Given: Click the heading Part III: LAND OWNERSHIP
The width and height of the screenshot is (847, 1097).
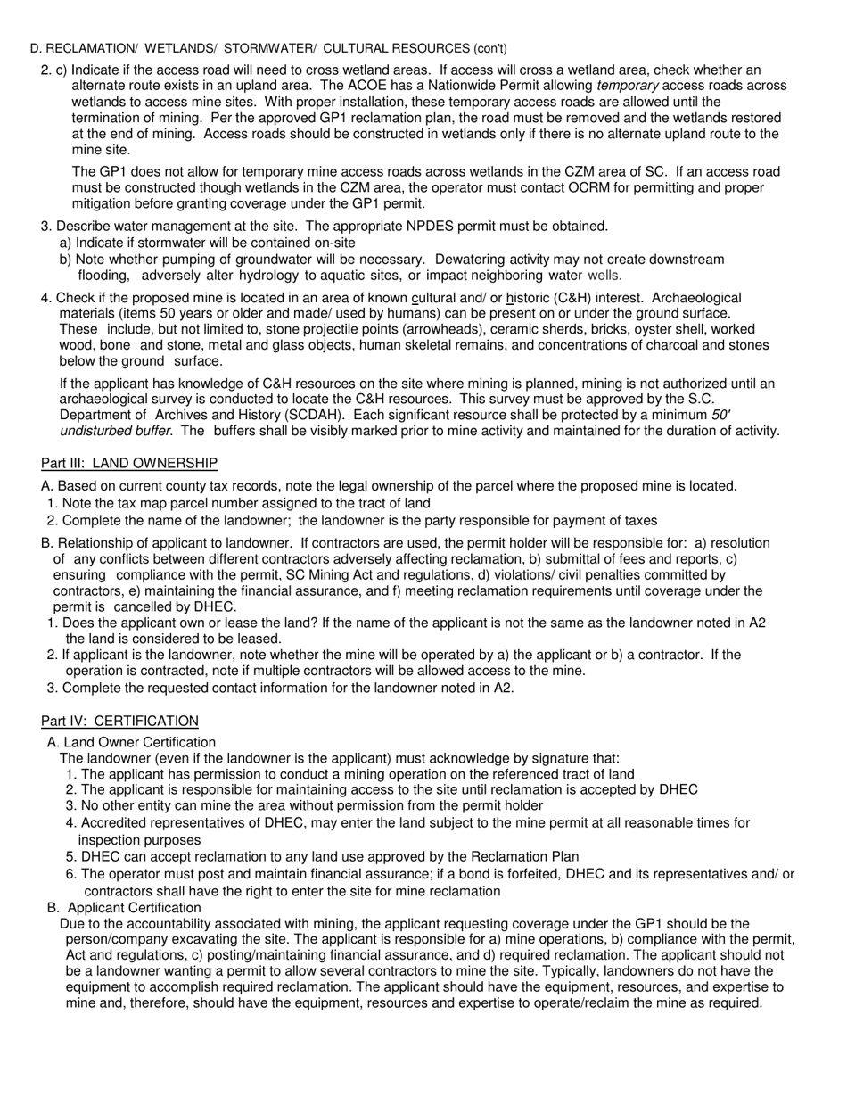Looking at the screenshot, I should tap(129, 463).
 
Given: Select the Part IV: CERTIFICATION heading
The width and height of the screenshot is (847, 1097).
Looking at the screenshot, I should tap(120, 721).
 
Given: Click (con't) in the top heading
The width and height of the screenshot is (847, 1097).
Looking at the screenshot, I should tap(490, 48).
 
